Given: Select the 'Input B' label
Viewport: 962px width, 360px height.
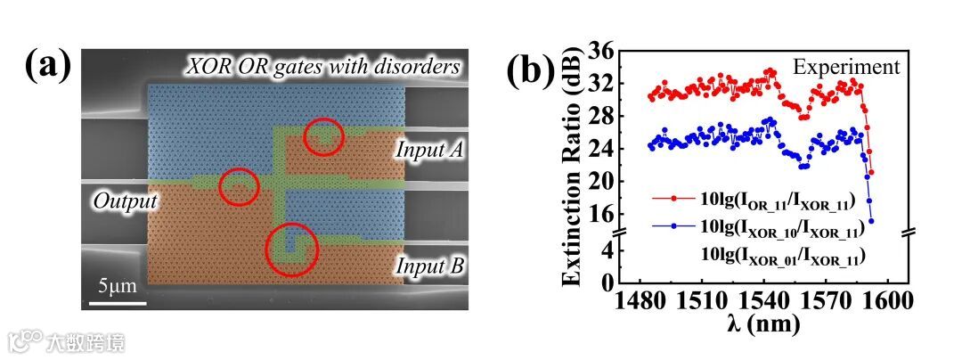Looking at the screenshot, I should point(424,265).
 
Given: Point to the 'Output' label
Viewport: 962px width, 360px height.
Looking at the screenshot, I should point(124,202).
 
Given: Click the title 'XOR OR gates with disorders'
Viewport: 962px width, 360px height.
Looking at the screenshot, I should point(322,66).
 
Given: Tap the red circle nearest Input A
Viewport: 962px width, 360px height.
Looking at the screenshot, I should point(323,136).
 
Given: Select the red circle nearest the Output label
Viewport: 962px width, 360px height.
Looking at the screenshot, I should point(239,186).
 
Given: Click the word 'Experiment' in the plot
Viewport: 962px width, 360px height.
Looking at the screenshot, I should point(847,67).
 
